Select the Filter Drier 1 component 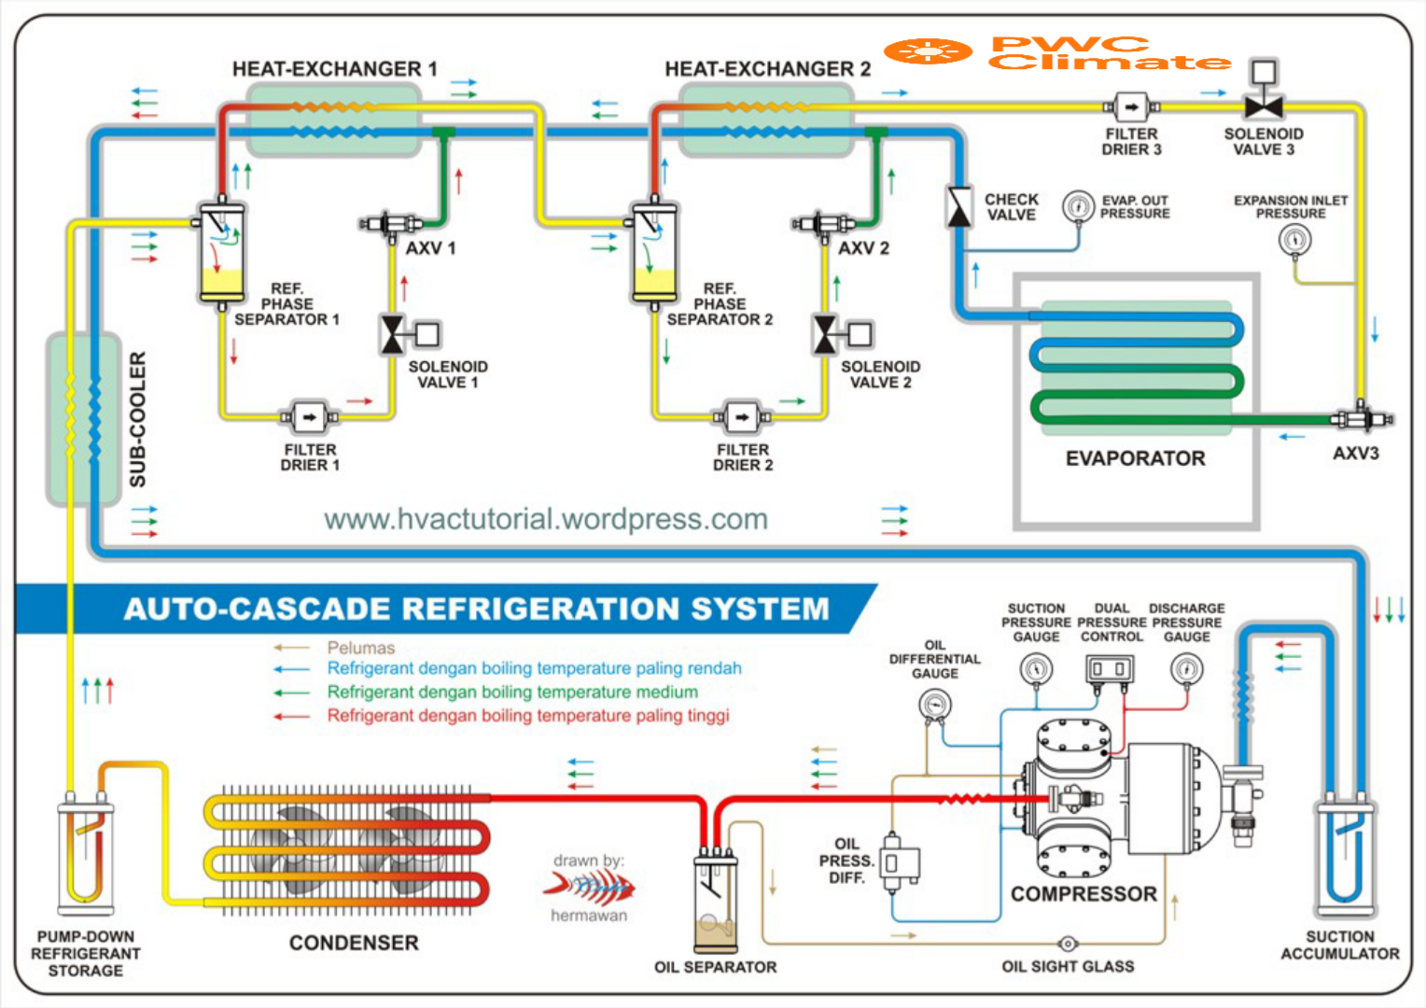[x=309, y=417]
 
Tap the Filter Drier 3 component [x=1131, y=107]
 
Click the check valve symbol [x=958, y=206]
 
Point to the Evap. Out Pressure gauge [x=1078, y=206]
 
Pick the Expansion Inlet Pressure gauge [x=1294, y=240]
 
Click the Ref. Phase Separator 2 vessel [x=654, y=254]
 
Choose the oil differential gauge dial [x=934, y=705]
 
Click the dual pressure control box [x=1111, y=669]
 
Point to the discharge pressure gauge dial [x=1186, y=668]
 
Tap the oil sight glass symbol [x=1068, y=944]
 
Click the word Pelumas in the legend [x=360, y=648]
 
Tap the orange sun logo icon [x=928, y=51]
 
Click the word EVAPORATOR [x=1135, y=458]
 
